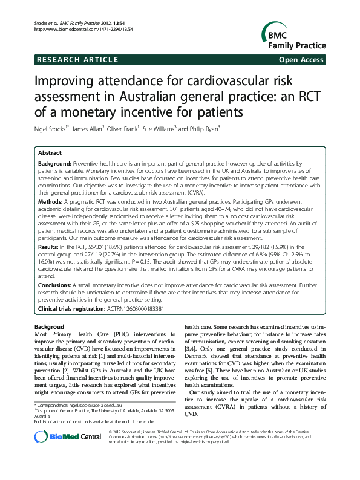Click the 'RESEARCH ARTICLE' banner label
pyautogui.click(x=77, y=59)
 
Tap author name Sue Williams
pyautogui.click(x=159, y=128)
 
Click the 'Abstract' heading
pyautogui.click(x=50, y=153)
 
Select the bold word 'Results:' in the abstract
pyautogui.click(x=49, y=248)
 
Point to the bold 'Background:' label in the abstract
pyautogui.click(x=54, y=164)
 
